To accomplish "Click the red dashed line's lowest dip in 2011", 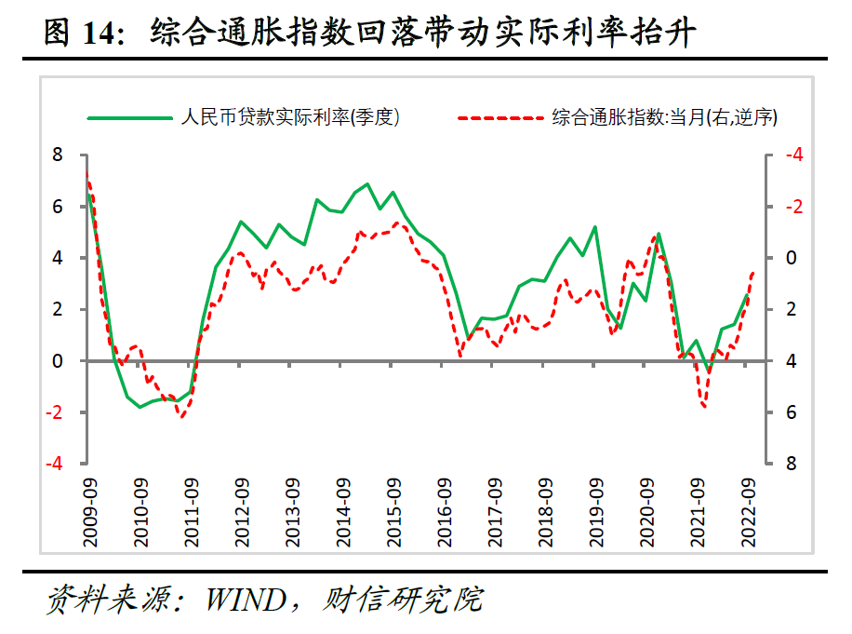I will click(x=182, y=416).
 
